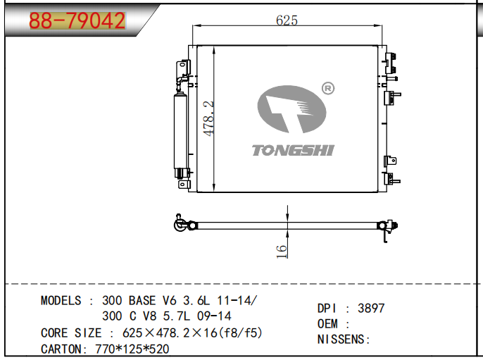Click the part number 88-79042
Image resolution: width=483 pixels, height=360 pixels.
[x=77, y=20]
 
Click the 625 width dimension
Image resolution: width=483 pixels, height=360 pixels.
[x=287, y=20]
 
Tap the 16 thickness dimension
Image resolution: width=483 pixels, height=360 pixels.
[x=280, y=249]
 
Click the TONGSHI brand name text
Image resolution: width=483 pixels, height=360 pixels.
[x=293, y=149]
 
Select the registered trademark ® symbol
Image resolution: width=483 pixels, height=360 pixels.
[x=327, y=88]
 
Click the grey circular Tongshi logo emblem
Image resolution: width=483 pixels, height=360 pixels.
[x=292, y=111]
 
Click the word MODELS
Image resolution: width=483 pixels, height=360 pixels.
[x=61, y=300]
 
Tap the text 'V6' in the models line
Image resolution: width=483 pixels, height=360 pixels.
[x=172, y=300]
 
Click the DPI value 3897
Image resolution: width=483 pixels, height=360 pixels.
[x=371, y=308]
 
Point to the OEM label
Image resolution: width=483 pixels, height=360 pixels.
[x=328, y=323]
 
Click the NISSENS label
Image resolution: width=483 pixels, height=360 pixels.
[x=344, y=339]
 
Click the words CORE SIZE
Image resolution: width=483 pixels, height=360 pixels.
[x=72, y=332]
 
